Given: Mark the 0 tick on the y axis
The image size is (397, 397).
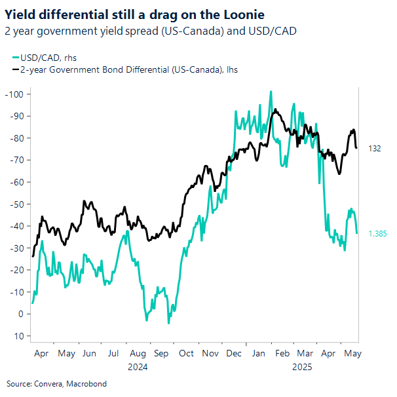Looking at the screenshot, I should point(20,314).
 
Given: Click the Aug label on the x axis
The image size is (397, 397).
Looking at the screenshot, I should point(138,353).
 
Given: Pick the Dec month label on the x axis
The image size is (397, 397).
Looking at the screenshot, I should point(233,353).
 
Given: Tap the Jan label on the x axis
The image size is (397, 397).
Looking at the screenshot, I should point(258,353).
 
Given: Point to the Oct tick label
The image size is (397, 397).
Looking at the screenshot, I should point(186,353).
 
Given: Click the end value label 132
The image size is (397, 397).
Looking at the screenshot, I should point(375,149).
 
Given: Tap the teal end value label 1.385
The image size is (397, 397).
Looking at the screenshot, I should point(377,233).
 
